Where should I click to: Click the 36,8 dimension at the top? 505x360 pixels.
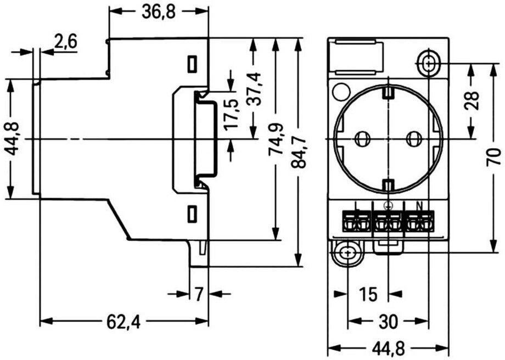159,12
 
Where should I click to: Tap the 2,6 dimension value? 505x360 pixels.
66,42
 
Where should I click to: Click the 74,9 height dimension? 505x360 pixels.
276,140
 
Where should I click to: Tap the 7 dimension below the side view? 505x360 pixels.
199,294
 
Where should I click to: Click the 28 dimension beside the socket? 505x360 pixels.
472,101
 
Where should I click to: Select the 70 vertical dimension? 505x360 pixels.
493,157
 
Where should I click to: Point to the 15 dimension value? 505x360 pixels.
369,294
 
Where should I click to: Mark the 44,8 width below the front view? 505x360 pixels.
389,348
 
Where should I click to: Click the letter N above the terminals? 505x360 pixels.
419,205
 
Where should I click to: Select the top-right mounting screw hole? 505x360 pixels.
429,64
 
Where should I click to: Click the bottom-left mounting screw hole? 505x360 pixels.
347,253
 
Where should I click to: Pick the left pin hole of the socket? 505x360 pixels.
362,139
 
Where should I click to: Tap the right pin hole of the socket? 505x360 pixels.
413,139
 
